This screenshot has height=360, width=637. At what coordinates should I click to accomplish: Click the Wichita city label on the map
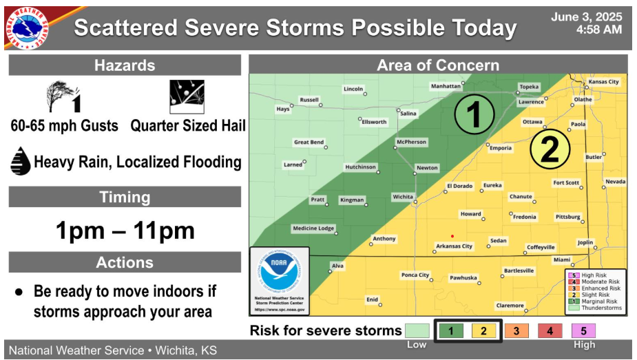click(x=403, y=197)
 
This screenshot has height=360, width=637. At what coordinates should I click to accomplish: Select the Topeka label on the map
click(x=529, y=87)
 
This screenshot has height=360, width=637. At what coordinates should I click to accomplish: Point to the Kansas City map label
click(x=603, y=82)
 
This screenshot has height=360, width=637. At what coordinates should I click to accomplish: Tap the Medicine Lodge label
click(x=313, y=229)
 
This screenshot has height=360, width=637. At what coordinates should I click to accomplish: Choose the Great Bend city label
click(x=309, y=142)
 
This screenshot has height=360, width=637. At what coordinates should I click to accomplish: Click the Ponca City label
click(x=415, y=275)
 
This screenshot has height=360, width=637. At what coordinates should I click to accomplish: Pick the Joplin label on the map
click(x=585, y=242)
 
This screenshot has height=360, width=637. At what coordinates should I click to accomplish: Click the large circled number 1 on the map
click(x=474, y=114)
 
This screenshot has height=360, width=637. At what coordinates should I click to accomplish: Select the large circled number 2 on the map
click(x=550, y=149)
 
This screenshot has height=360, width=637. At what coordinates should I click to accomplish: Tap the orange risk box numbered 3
click(x=516, y=331)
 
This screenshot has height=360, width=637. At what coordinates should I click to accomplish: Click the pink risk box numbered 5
click(x=583, y=331)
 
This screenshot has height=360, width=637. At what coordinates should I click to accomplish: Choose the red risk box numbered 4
click(x=550, y=331)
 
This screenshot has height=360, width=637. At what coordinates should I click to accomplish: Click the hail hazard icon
click(x=187, y=96)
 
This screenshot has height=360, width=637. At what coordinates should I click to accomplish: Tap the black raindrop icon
click(x=20, y=161)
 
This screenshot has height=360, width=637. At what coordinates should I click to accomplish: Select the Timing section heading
click(x=125, y=197)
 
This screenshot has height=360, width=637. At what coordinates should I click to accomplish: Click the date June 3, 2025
click(x=586, y=17)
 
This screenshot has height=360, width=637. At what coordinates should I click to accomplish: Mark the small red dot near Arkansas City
click(x=452, y=236)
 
